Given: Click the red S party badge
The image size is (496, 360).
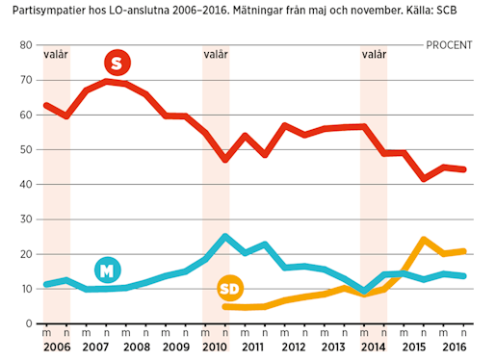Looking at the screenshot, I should click(x=117, y=64).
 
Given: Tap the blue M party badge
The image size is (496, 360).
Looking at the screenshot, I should click(x=108, y=270).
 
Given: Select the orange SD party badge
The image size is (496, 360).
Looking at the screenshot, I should click(x=230, y=289).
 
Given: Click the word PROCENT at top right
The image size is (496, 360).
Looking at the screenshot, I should click(x=449, y=44).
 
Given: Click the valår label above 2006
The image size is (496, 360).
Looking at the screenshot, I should click(x=57, y=55).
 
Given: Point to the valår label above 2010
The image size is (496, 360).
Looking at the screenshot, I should click(x=216, y=55).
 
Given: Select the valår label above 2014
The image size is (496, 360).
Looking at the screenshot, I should click(x=374, y=55).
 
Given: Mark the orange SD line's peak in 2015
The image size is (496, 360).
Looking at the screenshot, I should click(x=424, y=239).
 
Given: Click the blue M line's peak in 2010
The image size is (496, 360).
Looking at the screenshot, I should click(x=225, y=236).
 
